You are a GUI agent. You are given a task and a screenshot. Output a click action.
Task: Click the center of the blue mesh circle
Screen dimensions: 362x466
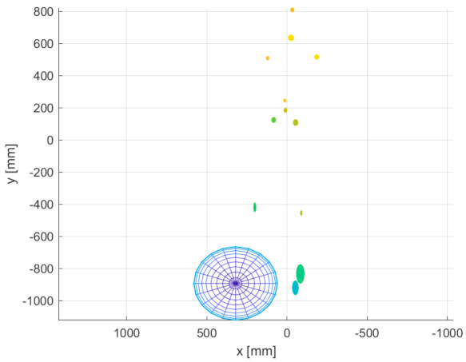pos(235,283)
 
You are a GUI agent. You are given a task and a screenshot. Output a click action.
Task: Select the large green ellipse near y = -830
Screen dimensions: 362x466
pos(300,273)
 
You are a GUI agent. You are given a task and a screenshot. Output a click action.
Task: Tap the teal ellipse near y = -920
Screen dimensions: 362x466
pos(295,288)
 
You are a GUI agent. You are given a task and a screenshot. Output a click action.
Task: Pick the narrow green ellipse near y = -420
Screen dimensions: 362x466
pos(254,207)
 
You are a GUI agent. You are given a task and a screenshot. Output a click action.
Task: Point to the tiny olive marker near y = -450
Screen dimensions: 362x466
pos(301,213)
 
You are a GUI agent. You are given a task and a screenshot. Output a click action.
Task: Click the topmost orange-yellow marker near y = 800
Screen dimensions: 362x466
pos(292,10)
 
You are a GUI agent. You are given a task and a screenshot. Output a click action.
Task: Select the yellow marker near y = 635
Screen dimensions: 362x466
pos(291,38)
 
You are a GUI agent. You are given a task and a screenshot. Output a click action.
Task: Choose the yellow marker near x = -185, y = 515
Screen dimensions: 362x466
pos(317,57)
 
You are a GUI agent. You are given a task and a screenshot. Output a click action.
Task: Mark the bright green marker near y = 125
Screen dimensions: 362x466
pos(273,120)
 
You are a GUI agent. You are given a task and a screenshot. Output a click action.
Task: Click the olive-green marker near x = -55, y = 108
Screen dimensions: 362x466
pos(295,122)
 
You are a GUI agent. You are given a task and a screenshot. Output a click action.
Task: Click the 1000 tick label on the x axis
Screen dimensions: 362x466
pos(126,331)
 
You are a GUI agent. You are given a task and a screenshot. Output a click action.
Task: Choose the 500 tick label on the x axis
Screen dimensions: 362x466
pos(207,331)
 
